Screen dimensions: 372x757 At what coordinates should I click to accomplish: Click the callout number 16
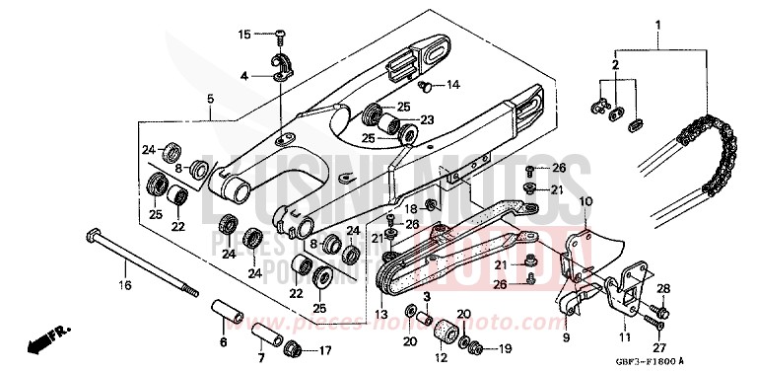124,286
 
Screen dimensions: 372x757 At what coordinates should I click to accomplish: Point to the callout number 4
243,75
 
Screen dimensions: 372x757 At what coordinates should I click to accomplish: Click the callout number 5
209,99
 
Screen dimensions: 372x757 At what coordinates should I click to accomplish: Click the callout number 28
662,288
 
